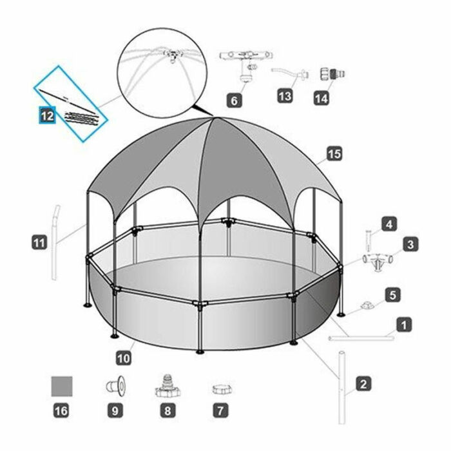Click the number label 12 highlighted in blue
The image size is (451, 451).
pyautogui.click(x=47, y=115)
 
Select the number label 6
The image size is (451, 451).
pyautogui.click(x=235, y=100)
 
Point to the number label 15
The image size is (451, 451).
pyautogui.click(x=334, y=154)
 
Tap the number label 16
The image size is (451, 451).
pyautogui.click(x=62, y=409)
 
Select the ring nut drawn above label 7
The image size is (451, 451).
pyautogui.click(x=222, y=389)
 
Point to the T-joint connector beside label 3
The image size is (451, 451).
pyautogui.click(x=378, y=260)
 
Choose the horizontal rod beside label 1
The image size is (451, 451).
pyautogui.click(x=361, y=337)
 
